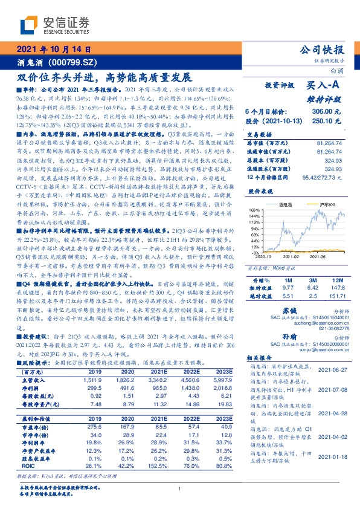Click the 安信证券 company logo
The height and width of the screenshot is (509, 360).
pos(55,24)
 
